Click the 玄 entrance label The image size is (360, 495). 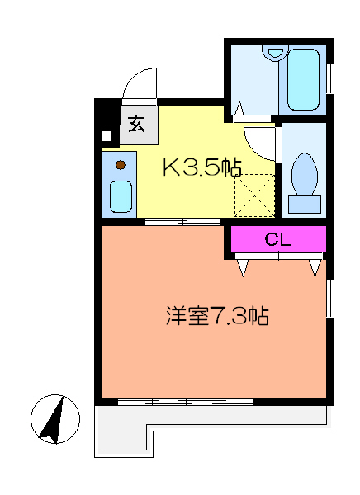click(x=136, y=124)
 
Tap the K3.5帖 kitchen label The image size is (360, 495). click(x=202, y=167)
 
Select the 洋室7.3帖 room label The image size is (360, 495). click(x=217, y=315)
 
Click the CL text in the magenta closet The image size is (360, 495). click(x=277, y=239)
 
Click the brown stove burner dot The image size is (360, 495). click(x=121, y=164)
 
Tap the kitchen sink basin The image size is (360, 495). click(x=121, y=196)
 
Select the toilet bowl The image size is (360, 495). click(x=305, y=173)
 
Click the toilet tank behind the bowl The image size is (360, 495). click(x=305, y=204)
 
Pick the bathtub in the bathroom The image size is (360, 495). click(x=303, y=79)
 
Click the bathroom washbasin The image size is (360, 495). click(x=275, y=51)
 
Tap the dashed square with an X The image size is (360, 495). click(x=255, y=196)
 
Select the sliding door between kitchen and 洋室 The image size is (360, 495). click(x=182, y=222)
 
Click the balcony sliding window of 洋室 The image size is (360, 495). click(x=186, y=403)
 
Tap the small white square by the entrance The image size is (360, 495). click(x=107, y=136)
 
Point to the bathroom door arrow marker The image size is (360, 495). click(x=239, y=108)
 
